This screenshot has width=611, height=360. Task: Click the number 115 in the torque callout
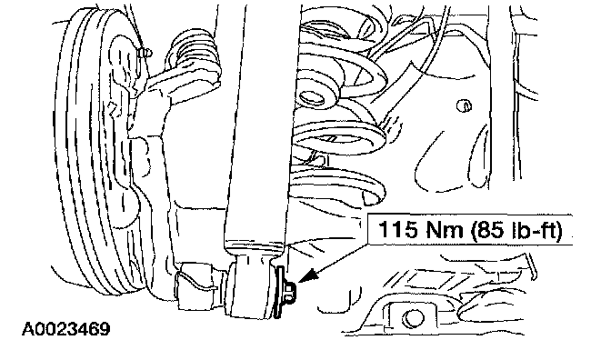click(x=397, y=229)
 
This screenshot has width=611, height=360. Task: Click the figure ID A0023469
click(x=65, y=329)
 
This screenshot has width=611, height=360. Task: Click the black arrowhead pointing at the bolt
click(x=309, y=276)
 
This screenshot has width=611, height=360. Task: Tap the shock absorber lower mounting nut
click(x=289, y=292)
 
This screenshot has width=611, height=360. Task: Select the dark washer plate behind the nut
click(x=279, y=292)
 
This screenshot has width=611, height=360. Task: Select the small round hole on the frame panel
click(x=464, y=105)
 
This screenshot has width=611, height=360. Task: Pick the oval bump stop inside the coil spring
click(x=313, y=97)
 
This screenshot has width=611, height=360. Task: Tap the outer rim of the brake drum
click(x=70, y=155)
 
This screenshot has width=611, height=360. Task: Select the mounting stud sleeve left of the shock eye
click(x=196, y=286)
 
